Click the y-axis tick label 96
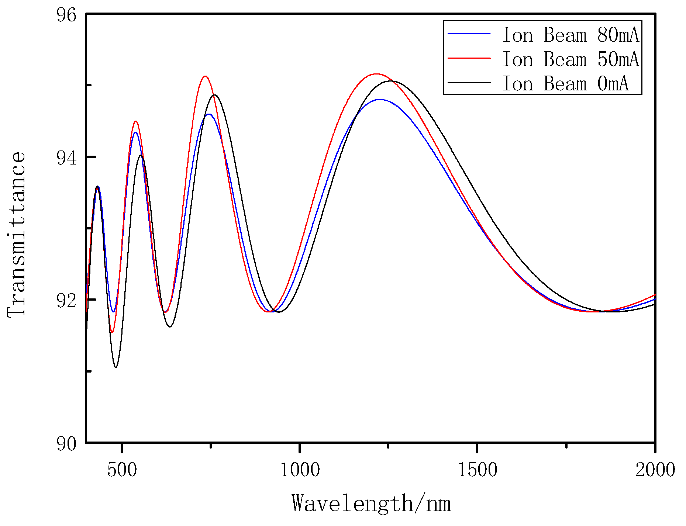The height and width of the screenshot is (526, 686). (x=66, y=15)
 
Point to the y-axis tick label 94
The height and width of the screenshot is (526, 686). (x=66, y=158)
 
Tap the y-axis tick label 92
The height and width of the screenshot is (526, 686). (x=66, y=301)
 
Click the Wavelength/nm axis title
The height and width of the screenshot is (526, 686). (x=371, y=503)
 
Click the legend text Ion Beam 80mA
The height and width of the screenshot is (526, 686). (x=570, y=35)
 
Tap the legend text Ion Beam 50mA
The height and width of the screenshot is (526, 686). (x=570, y=59)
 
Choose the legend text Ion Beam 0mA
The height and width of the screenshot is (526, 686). (x=565, y=84)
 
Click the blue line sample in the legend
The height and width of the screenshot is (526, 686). (x=469, y=34)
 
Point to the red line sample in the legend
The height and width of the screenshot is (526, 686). (x=469, y=58)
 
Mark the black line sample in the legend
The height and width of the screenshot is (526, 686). (x=469, y=82)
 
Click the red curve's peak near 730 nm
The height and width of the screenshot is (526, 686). (x=205, y=76)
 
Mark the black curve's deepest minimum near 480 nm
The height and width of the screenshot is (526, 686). (x=116, y=367)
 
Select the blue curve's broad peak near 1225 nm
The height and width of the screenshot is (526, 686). (x=380, y=99)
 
